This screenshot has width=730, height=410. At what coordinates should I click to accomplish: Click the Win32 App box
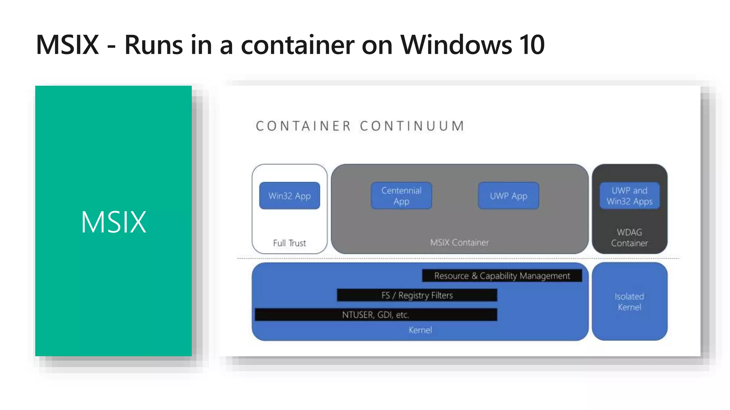(x=289, y=196)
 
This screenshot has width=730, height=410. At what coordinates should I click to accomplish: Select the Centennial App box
(x=401, y=196)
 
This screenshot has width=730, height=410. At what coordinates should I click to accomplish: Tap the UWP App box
(x=508, y=196)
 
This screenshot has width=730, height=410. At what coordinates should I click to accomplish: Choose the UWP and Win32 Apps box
(x=629, y=196)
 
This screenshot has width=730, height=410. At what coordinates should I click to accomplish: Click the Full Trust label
(x=289, y=243)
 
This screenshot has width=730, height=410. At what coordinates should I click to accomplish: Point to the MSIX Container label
(x=459, y=243)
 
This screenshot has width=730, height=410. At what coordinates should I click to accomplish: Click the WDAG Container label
(x=629, y=238)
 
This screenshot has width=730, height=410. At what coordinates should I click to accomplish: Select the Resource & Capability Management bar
(x=502, y=276)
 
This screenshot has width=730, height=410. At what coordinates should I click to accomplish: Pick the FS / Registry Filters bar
(x=417, y=295)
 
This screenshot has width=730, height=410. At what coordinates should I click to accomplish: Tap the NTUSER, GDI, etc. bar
(x=376, y=315)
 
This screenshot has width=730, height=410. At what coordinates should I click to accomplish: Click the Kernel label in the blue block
(x=420, y=330)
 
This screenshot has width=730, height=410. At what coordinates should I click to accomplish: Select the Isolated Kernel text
(x=629, y=302)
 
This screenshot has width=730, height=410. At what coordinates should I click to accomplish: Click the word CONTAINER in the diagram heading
(x=303, y=126)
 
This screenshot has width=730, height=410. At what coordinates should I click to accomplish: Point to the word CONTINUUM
(x=412, y=126)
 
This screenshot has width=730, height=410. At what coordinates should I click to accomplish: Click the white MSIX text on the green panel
(x=114, y=222)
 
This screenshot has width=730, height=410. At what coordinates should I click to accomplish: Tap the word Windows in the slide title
(x=456, y=45)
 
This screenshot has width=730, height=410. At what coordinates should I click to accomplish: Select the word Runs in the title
(x=154, y=45)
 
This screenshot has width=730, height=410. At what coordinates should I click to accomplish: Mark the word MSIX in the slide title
(x=67, y=45)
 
